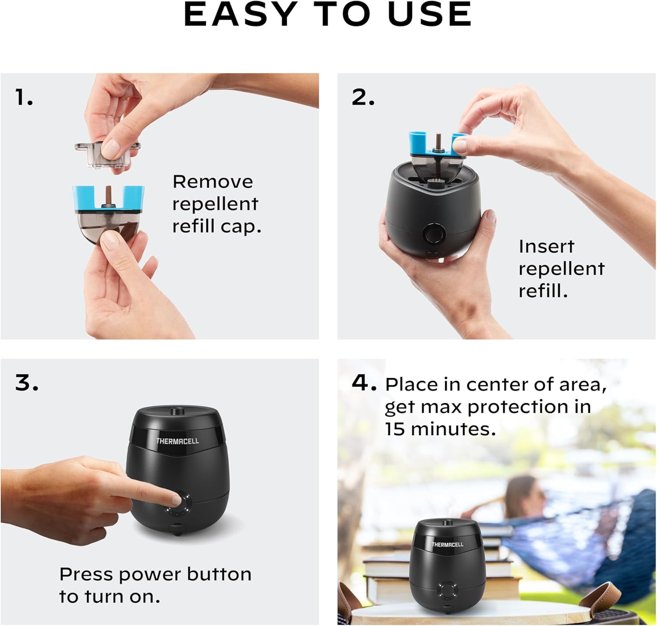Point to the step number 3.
click(27, 383)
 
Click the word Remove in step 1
click(212, 182)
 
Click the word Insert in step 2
click(546, 246)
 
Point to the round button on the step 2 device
click(434, 233)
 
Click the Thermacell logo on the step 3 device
click(177, 441)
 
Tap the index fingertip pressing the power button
click(176, 499)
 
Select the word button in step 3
click(219, 574)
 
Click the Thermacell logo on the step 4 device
click(447, 545)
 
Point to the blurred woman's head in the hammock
click(521, 495)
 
